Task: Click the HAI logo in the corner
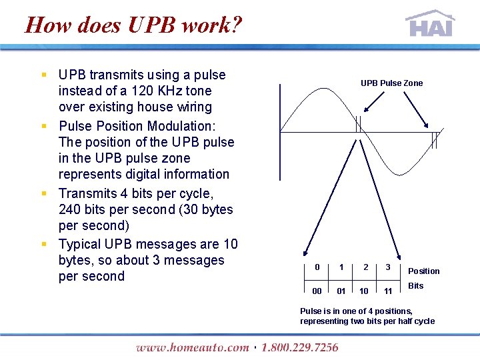click(x=430, y=24)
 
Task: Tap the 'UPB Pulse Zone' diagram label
click(x=391, y=83)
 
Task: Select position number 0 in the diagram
click(x=317, y=267)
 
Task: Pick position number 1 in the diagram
click(x=341, y=267)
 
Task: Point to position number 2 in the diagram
click(x=365, y=267)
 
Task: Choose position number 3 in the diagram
click(x=388, y=267)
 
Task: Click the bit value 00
click(x=317, y=291)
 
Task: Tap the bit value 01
click(x=341, y=291)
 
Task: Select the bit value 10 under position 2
click(x=365, y=291)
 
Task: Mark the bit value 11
click(x=388, y=291)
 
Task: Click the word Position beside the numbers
click(x=423, y=271)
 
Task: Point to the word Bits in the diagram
click(x=415, y=286)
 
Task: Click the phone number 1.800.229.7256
click(x=299, y=347)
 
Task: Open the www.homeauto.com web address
click(x=192, y=347)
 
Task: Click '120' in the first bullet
click(x=144, y=91)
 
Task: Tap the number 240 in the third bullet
click(x=71, y=209)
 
